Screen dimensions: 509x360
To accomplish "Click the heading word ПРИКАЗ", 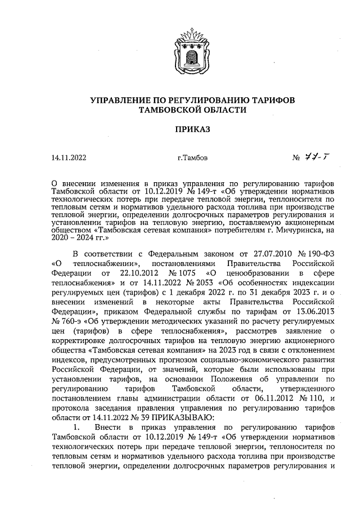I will (179, 129).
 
